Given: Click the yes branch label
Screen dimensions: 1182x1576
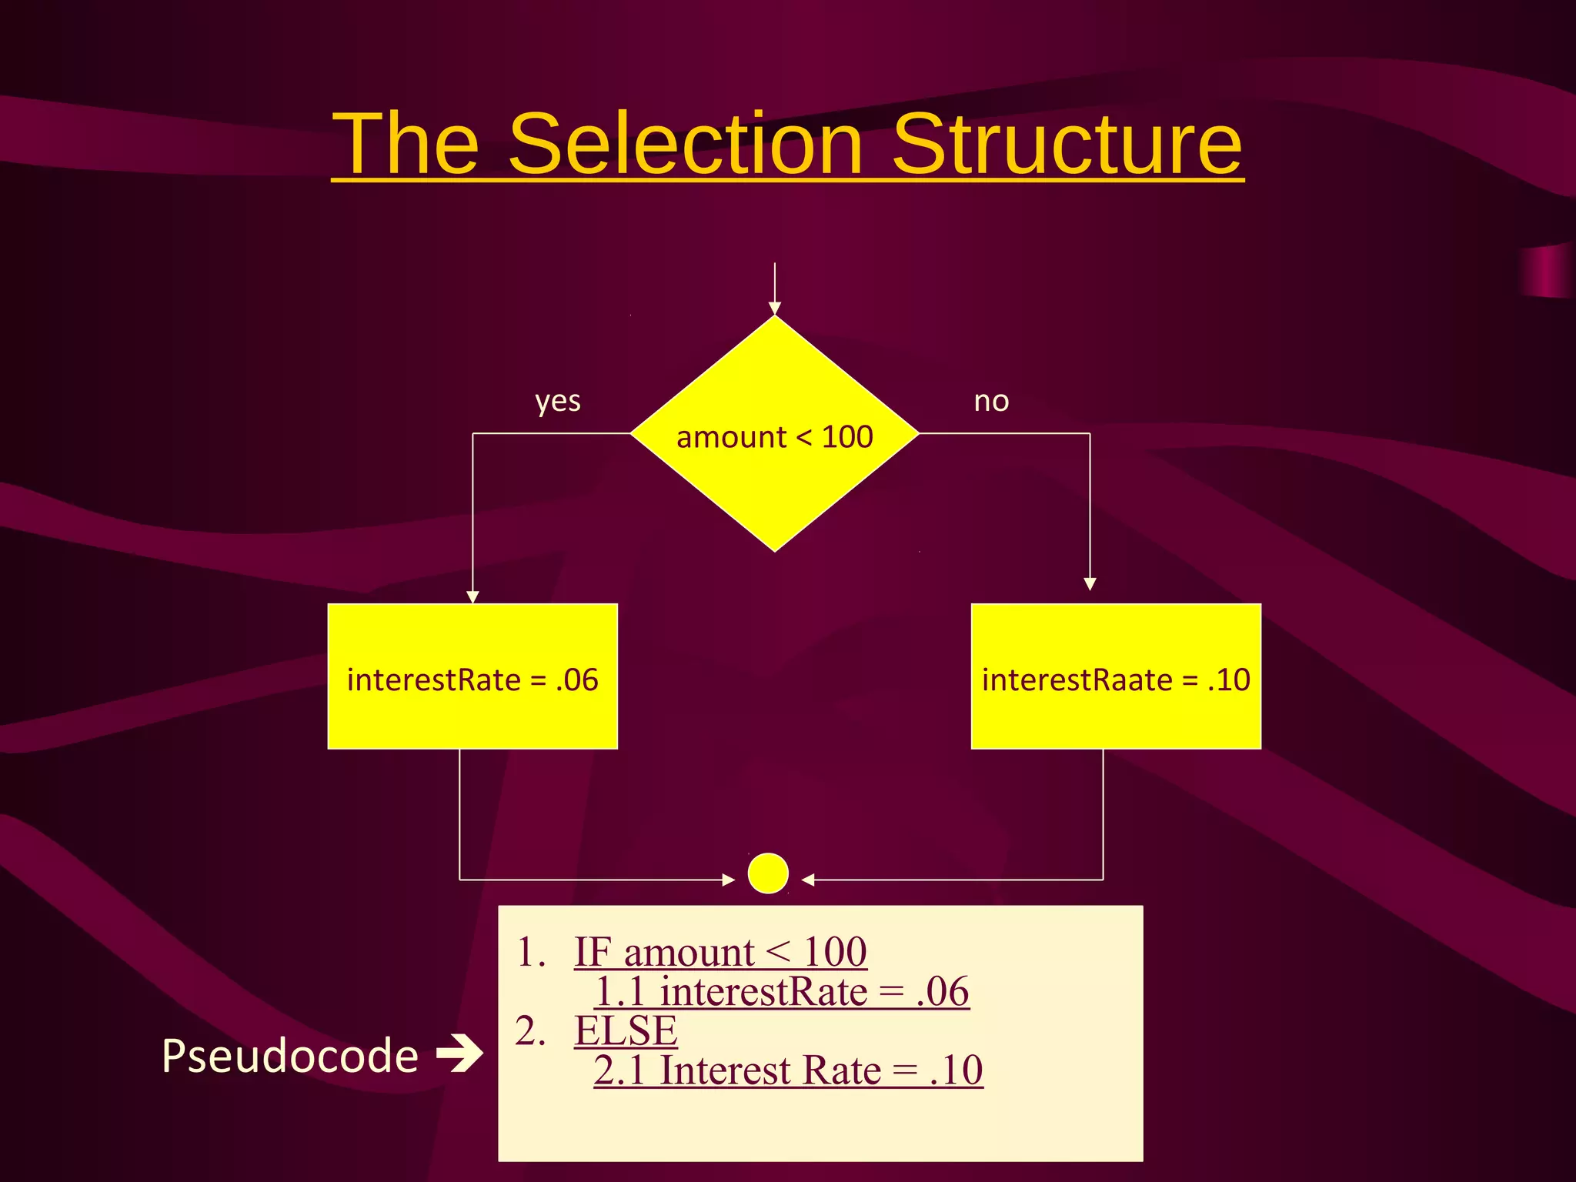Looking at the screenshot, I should click(x=558, y=402).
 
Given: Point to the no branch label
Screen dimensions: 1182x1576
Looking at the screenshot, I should click(x=991, y=402).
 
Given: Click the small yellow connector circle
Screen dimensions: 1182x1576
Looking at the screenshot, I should click(x=768, y=873).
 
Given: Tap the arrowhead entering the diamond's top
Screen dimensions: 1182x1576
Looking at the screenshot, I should click(x=775, y=309).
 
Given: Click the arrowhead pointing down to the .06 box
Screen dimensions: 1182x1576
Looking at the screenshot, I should click(x=472, y=597).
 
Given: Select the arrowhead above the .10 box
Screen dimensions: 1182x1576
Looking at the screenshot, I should click(x=1090, y=584).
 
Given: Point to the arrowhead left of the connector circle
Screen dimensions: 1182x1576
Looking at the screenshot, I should click(x=729, y=880).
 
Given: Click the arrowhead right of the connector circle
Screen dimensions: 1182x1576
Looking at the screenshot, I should click(x=808, y=880).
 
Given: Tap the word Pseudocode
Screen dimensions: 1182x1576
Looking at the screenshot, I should click(x=290, y=1056).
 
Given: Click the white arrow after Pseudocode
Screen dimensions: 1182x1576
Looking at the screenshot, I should click(x=459, y=1053).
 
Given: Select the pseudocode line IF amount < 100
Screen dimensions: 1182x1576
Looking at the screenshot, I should click(x=720, y=953).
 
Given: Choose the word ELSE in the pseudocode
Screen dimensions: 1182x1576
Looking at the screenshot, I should click(x=626, y=1031).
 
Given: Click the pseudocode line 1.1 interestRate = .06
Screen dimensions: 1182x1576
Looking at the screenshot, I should click(x=782, y=992).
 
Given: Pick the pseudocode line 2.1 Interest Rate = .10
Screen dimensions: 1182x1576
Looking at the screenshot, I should click(x=788, y=1070).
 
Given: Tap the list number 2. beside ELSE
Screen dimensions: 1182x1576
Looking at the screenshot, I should click(x=530, y=1031).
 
